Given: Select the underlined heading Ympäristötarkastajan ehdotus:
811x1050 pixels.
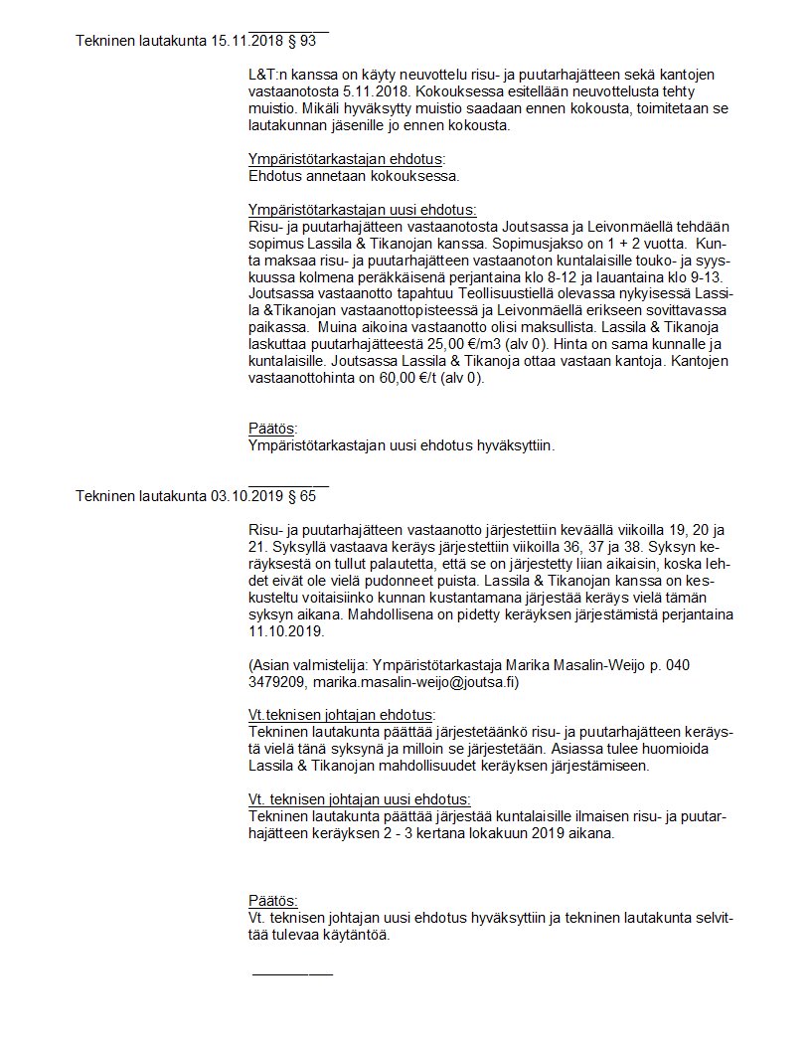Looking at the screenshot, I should click(x=346, y=159).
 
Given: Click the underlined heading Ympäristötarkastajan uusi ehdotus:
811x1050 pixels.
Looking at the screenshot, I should click(x=363, y=210).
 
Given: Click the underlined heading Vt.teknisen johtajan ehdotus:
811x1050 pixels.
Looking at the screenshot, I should click(x=341, y=716).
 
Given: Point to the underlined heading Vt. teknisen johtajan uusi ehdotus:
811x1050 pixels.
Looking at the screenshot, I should click(x=359, y=799).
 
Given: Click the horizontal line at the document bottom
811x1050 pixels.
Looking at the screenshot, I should click(x=292, y=973).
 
